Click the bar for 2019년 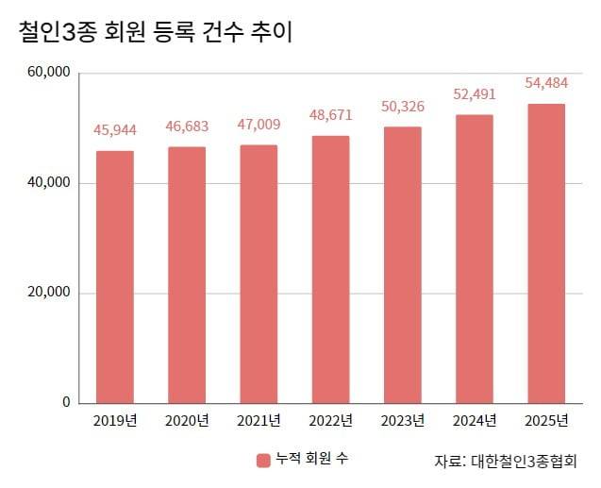coord(115,277)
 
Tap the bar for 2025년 coord(545,253)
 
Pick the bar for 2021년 coord(259,274)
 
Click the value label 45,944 coord(115,129)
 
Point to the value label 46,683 coord(187,126)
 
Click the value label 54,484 coord(545,84)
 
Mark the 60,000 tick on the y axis coord(50,73)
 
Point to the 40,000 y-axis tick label coord(50,182)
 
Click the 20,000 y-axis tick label coord(50,293)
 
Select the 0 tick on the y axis coord(66,402)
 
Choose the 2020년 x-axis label coord(187,420)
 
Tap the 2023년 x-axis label coord(402,420)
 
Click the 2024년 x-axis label coord(474,420)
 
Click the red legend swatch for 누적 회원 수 coord(263,461)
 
